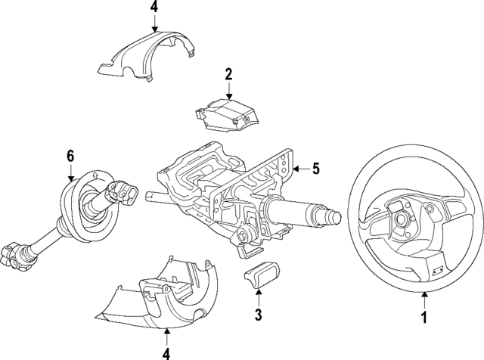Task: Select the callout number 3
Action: tap(259, 315)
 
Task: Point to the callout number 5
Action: tap(316, 168)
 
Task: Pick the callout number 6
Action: tap(70, 156)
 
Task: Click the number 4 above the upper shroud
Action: tap(154, 8)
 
